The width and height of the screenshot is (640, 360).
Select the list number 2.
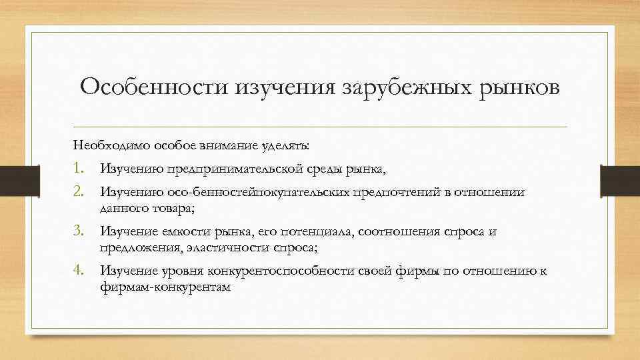[x=79, y=192]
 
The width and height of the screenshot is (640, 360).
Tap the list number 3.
[x=79, y=231]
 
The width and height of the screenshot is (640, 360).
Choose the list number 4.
[x=79, y=271]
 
